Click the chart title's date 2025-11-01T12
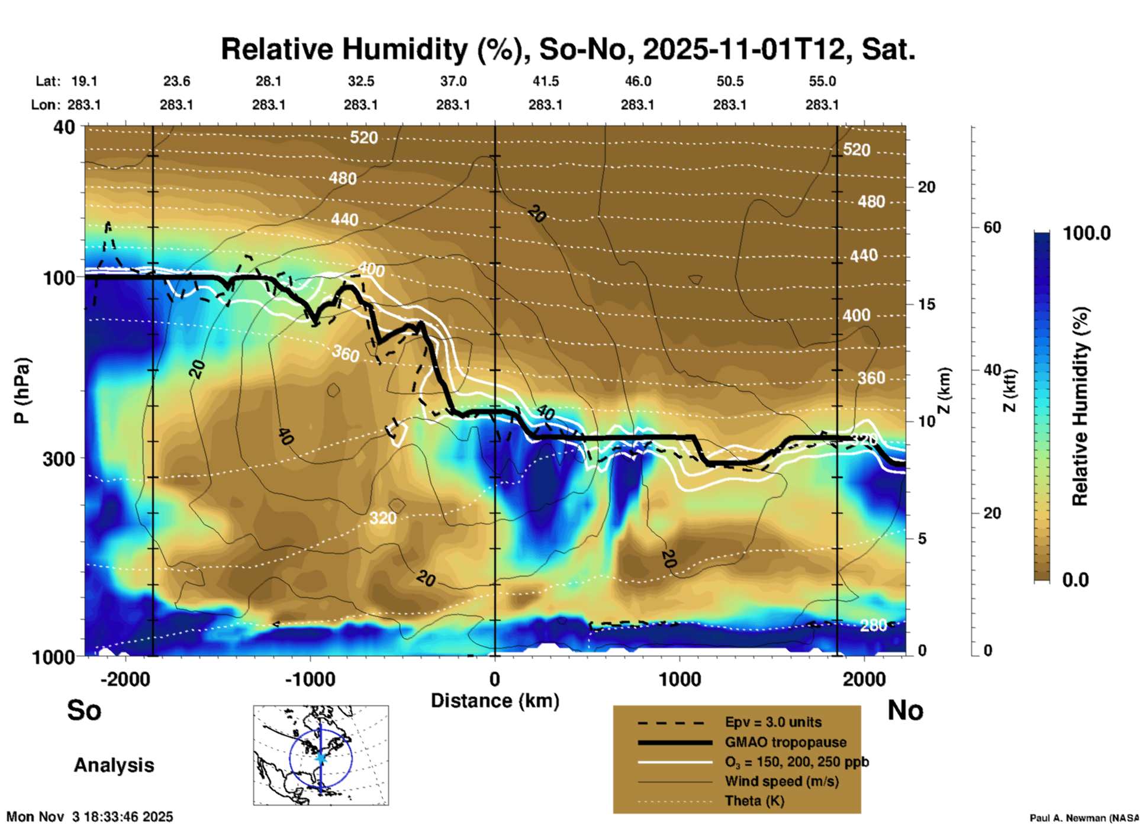coord(743,49)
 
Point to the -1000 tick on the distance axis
coord(310,679)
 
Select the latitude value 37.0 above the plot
coord(453,81)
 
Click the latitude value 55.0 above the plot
coord(822,81)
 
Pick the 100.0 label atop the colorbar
coord(1087,233)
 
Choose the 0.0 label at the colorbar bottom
coord(1075,579)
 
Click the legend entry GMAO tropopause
coord(785,742)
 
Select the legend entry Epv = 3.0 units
coord(773,722)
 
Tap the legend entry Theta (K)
coord(754,801)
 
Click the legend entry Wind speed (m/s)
coord(781,781)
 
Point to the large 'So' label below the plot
coord(84,710)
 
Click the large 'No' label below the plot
coord(905,710)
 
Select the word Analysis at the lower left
coord(114,765)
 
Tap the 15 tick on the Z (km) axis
coord(926,304)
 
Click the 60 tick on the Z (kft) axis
coord(992,228)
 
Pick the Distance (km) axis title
coord(495,701)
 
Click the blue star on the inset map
coord(321,758)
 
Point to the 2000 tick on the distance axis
coord(864,679)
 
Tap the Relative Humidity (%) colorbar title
coord(1080,406)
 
